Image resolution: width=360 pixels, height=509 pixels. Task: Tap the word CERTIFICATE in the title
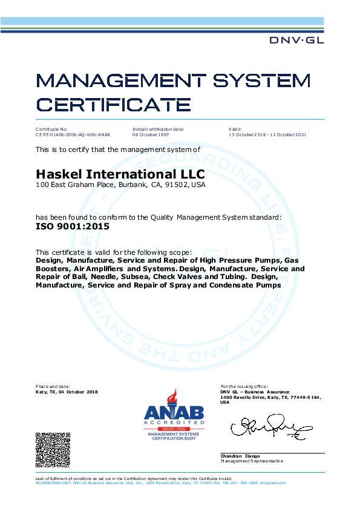click(x=114, y=103)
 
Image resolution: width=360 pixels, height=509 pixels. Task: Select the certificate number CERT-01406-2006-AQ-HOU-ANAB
click(x=73, y=134)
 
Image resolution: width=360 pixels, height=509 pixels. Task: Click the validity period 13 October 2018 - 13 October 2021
click(x=267, y=134)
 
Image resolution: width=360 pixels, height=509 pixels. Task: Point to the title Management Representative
click(x=251, y=461)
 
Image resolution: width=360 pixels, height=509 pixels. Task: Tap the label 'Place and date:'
click(x=53, y=386)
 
